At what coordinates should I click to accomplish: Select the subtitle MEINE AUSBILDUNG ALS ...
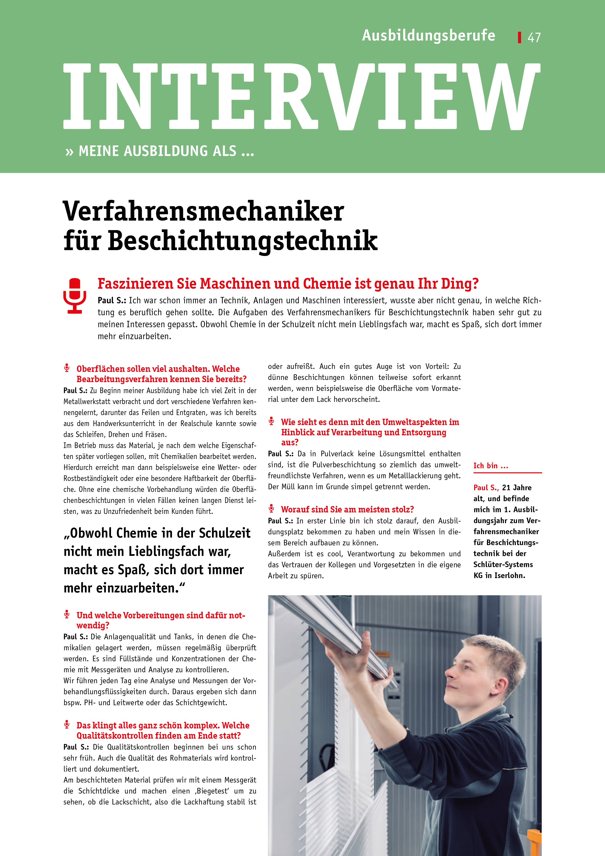coord(166,151)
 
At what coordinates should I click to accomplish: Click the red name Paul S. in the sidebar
coord(486,488)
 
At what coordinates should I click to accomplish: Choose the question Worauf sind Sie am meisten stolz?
coord(347,509)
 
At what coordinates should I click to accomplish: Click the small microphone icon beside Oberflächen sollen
coord(67,368)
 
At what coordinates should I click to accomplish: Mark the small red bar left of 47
coord(519,37)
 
